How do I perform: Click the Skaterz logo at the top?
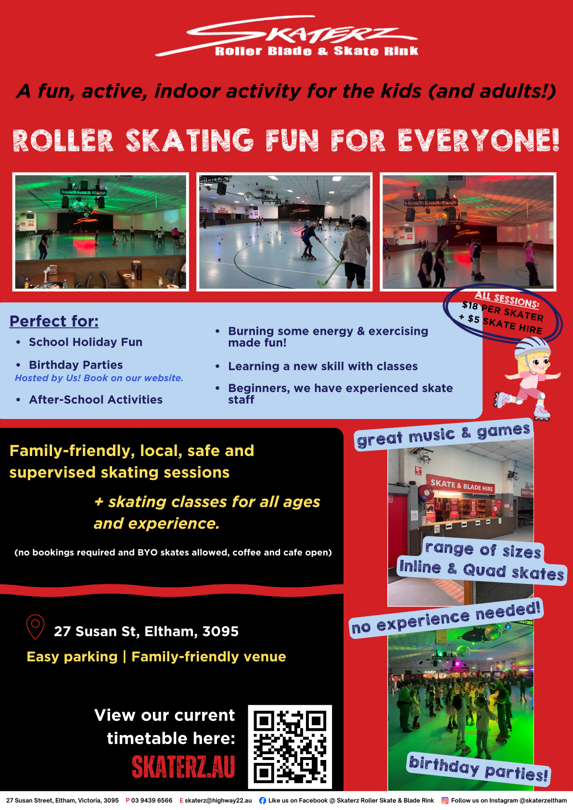click(287, 36)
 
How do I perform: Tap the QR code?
click(290, 747)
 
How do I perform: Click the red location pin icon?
click(36, 627)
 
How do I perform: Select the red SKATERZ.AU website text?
click(183, 766)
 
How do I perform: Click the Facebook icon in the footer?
click(263, 800)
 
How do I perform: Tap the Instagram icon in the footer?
click(445, 800)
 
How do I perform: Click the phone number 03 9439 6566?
click(152, 800)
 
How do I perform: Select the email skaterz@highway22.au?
click(218, 800)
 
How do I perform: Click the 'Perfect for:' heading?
click(54, 321)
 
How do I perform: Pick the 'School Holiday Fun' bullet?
click(86, 342)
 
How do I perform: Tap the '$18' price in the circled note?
click(470, 306)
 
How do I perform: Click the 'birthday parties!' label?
click(478, 770)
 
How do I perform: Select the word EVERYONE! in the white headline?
click(479, 140)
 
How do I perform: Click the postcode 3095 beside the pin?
click(220, 632)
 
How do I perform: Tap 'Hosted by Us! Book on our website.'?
click(99, 378)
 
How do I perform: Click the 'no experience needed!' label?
click(446, 618)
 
